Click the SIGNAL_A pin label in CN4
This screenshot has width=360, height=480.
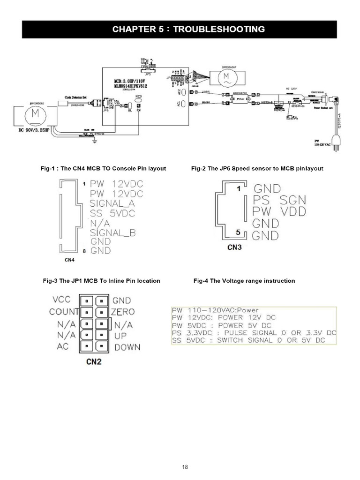click(x=112, y=203)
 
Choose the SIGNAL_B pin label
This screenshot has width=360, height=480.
click(x=112, y=232)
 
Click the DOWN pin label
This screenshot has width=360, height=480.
click(x=127, y=348)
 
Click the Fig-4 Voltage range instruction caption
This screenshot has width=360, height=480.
click(x=244, y=281)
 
